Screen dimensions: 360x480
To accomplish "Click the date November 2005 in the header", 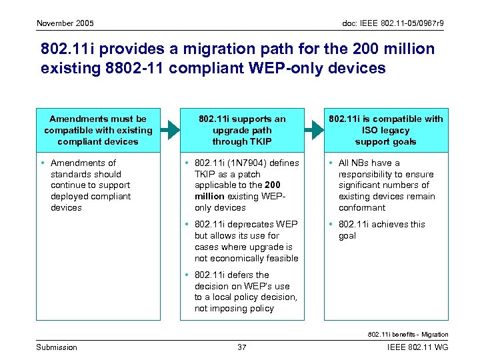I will pyautogui.click(x=65, y=24).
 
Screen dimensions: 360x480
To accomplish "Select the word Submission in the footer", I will pyautogui.click(x=57, y=347).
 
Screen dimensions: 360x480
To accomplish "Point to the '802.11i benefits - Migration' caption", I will pyautogui.click(x=408, y=334).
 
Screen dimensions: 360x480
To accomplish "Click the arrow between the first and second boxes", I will pyautogui.click(x=170, y=130).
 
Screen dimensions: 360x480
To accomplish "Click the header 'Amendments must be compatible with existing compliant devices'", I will pyautogui.click(x=98, y=130).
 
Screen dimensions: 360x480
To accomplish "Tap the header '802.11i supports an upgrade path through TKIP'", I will pyautogui.click(x=242, y=130).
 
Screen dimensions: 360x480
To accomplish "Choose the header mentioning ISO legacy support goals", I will pyautogui.click(x=386, y=130).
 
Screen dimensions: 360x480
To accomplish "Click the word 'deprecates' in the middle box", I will pyautogui.click(x=251, y=224).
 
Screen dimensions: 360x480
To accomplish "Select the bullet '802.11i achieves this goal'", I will pyautogui.click(x=381, y=230).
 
